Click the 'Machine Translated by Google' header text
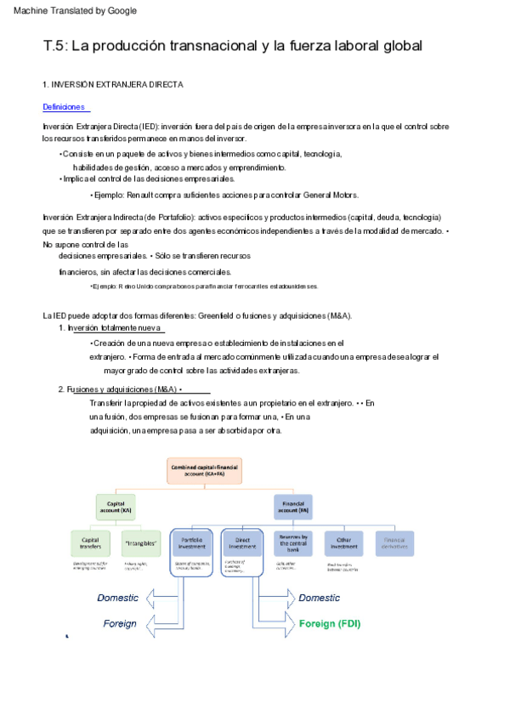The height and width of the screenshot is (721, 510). point(75,10)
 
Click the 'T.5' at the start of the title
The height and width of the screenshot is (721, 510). point(54,46)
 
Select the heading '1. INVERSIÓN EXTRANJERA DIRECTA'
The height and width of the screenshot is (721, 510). point(113,85)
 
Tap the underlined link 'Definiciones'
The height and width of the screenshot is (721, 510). point(65,107)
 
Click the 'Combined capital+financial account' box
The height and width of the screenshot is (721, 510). point(203,471)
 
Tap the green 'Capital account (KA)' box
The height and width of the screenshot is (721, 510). point(116,508)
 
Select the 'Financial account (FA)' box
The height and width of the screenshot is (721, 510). point(293,508)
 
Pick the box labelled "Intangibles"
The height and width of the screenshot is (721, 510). point(140,543)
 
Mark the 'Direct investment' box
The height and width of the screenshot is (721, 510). point(242,543)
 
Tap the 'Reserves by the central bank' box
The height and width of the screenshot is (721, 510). point(293,543)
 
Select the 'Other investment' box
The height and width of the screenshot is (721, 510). point(343,543)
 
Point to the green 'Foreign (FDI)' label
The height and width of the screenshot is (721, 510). point(330,623)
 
